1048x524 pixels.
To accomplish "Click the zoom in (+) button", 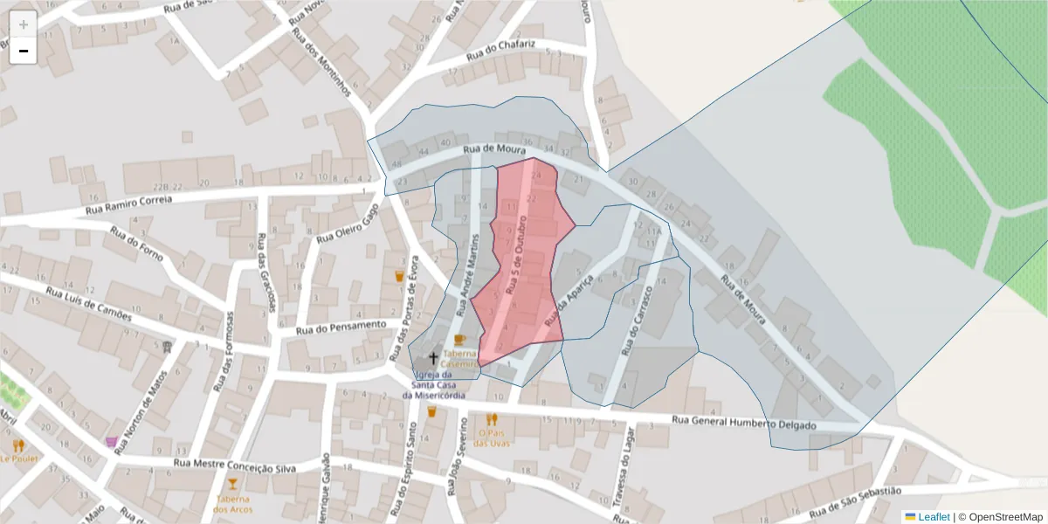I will coord(24,24).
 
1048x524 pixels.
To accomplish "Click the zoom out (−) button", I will coord(24,51).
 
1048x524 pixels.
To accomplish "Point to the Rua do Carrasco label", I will coord(637,321).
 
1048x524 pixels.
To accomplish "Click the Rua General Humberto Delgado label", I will coord(743,423).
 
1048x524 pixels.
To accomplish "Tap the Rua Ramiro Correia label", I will coord(129,205).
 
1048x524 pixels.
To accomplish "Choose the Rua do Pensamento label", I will coord(340,327).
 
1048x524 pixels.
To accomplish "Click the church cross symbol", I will coord(432,358).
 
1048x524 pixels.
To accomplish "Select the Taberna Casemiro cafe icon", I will coord(459,339).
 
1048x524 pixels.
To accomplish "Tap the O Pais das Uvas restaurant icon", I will coord(492,419).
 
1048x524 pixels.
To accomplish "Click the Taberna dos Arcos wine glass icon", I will coord(232,483).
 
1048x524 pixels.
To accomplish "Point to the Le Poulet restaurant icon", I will coord(18,445).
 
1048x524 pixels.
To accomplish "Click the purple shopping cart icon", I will coord(112,442).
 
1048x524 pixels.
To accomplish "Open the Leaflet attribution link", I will coord(933,517).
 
